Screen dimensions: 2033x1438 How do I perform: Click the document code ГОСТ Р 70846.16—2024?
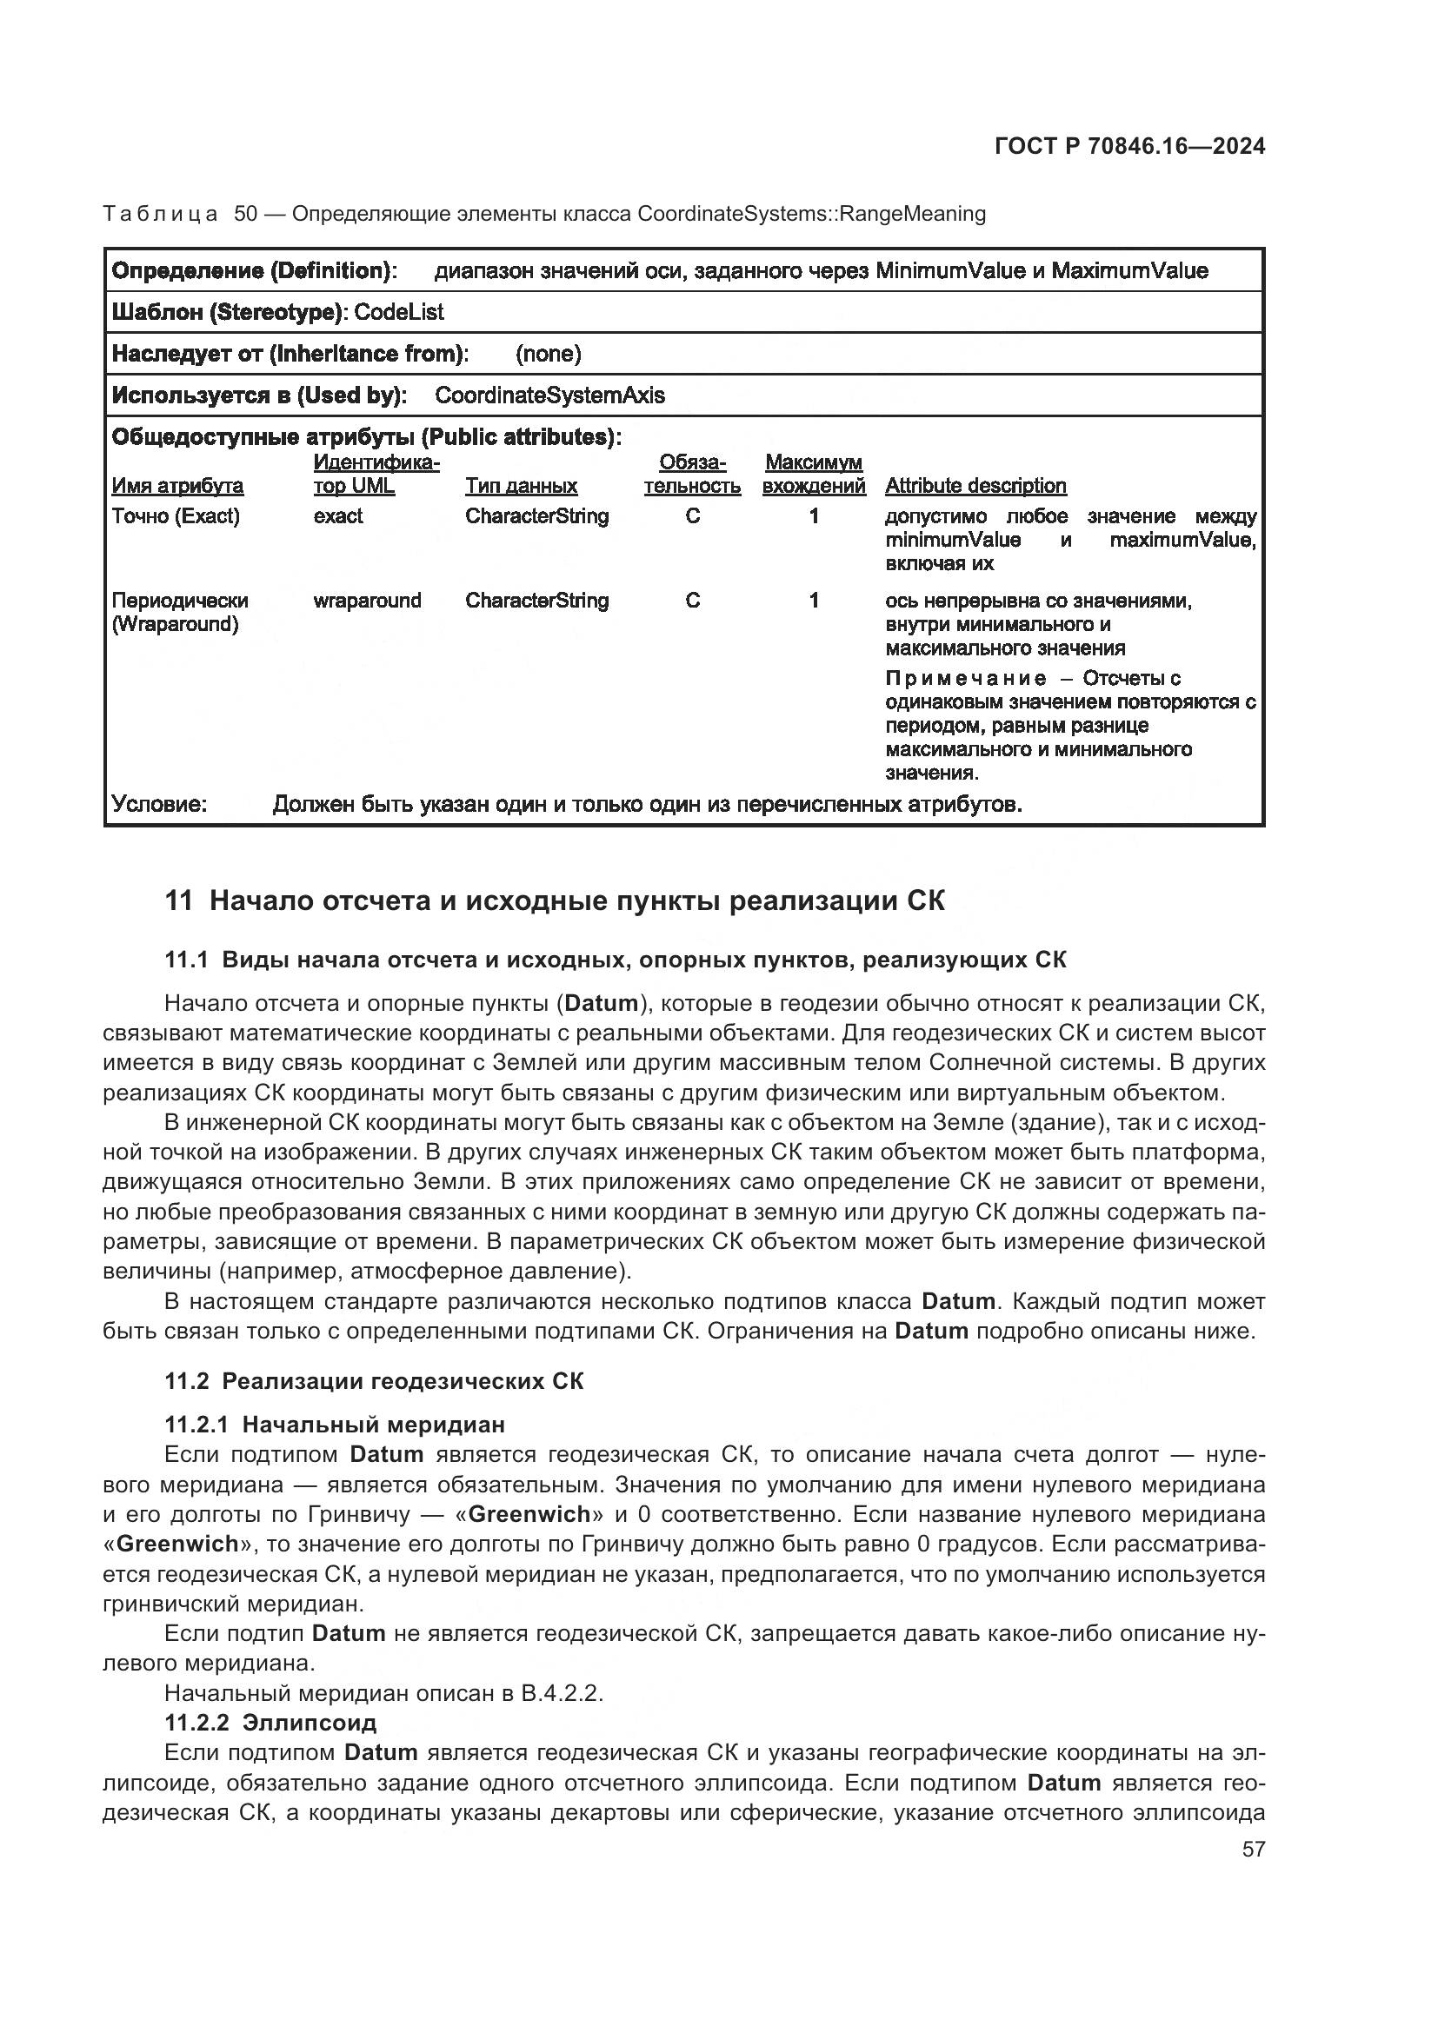(1130, 146)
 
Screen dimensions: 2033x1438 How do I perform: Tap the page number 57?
(1253, 1849)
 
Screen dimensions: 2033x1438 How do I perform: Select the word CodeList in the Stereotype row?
(398, 312)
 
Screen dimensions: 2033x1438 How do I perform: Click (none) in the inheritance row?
(548, 353)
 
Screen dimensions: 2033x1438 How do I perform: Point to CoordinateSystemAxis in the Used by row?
(549, 395)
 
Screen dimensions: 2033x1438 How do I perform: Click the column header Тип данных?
(521, 485)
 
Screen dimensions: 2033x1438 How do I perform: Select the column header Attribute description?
(975, 485)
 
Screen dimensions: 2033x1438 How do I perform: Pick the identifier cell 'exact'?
(337, 515)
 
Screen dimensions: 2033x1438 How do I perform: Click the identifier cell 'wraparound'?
(367, 601)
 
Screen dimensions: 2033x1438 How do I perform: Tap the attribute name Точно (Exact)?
(176, 515)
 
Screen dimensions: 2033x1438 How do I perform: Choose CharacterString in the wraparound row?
(536, 601)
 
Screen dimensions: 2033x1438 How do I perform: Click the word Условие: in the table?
(159, 804)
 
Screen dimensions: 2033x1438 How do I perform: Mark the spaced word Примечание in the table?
(965, 678)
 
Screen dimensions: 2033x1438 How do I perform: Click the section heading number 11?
(178, 901)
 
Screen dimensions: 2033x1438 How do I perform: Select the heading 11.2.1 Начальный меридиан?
(335, 1424)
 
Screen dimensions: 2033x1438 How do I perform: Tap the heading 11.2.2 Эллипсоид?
(270, 1722)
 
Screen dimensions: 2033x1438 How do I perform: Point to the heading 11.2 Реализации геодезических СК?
(374, 1381)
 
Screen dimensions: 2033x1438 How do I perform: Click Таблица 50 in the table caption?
(179, 214)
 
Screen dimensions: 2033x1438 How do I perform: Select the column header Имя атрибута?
(177, 485)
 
